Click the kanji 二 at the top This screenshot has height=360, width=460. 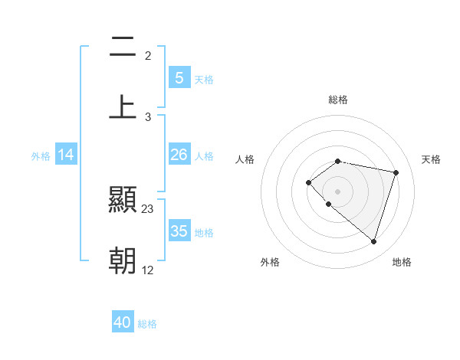pyautogui.click(x=123, y=47)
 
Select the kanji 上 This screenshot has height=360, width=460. pyautogui.click(x=123, y=106)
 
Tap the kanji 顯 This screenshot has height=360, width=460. pyautogui.click(x=123, y=201)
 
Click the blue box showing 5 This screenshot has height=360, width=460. pyautogui.click(x=179, y=77)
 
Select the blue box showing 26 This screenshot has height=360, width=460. pyautogui.click(x=179, y=155)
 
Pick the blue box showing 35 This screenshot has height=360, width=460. pyautogui.click(x=179, y=231)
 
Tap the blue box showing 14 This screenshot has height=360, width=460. pyautogui.click(x=66, y=155)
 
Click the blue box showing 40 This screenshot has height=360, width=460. pyautogui.click(x=123, y=322)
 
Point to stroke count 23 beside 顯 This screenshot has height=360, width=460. pyautogui.click(x=148, y=209)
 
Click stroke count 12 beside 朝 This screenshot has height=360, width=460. pyautogui.click(x=148, y=270)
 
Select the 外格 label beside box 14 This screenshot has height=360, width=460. pyautogui.click(x=41, y=155)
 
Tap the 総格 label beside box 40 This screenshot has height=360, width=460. pyautogui.click(x=147, y=324)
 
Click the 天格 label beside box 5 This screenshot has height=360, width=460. pyautogui.click(x=204, y=79)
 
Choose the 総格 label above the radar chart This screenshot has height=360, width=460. pyautogui.click(x=338, y=100)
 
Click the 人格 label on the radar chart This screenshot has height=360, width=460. pyautogui.click(x=245, y=159)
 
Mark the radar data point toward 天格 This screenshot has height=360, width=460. pyautogui.click(x=396, y=172)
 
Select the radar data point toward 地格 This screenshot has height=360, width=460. pyautogui.click(x=373, y=241)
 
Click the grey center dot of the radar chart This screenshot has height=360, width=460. pyautogui.click(x=338, y=191)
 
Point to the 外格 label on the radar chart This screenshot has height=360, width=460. pyautogui.click(x=270, y=262)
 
